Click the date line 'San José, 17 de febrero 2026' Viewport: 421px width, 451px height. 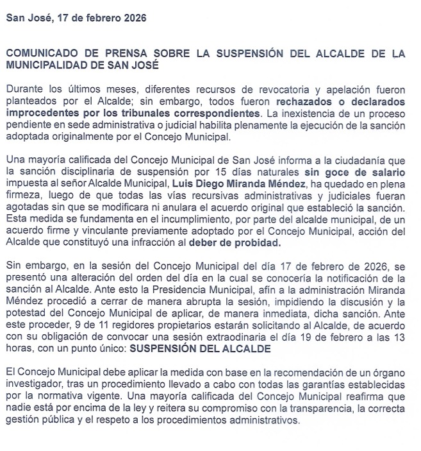click(x=76, y=18)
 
